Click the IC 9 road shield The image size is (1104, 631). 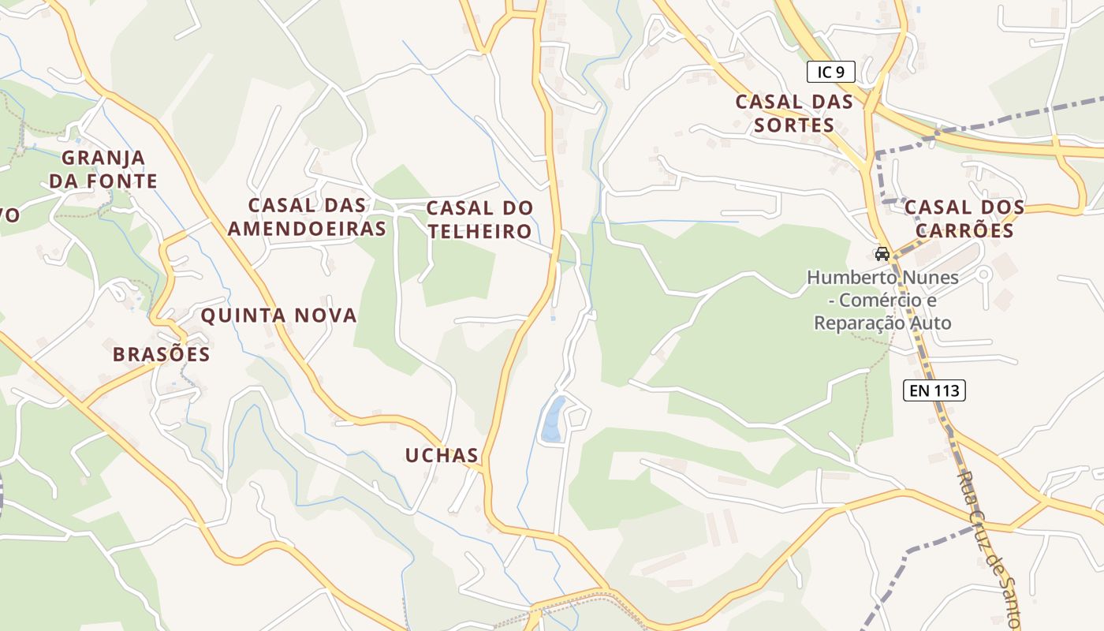[831, 73]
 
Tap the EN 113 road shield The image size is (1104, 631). [934, 390]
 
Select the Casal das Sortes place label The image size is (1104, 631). [794, 114]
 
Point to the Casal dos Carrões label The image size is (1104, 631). [964, 219]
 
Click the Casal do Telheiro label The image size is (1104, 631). [479, 220]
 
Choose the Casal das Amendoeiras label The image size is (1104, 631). [307, 217]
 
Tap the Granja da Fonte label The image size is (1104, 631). [103, 170]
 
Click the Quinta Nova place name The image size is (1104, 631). [278, 316]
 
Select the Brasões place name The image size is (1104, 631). [162, 355]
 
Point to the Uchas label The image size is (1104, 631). [442, 455]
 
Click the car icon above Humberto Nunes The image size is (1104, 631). [882, 254]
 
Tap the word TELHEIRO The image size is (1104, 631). [479, 232]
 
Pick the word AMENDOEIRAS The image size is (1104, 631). [307, 229]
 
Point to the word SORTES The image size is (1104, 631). [794, 125]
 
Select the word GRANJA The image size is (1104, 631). [103, 158]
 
